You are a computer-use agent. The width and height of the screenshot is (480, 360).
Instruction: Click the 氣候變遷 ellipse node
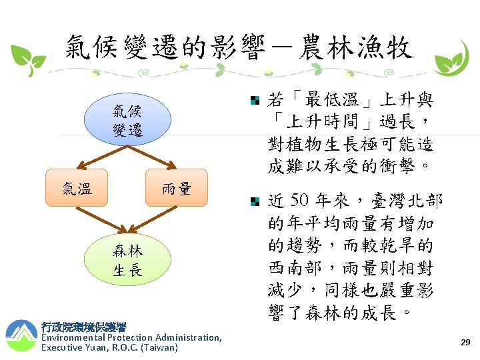click(x=127, y=121)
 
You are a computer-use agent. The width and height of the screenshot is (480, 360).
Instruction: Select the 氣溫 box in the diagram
click(x=77, y=189)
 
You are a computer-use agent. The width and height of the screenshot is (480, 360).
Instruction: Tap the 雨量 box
click(x=176, y=189)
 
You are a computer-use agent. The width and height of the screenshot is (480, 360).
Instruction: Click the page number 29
click(x=465, y=342)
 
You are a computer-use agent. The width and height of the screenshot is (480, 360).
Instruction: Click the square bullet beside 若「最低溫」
click(x=255, y=101)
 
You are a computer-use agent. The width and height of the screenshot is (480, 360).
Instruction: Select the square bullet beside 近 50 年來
click(x=255, y=201)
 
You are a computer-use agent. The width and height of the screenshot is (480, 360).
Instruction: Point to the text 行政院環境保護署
click(x=83, y=327)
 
